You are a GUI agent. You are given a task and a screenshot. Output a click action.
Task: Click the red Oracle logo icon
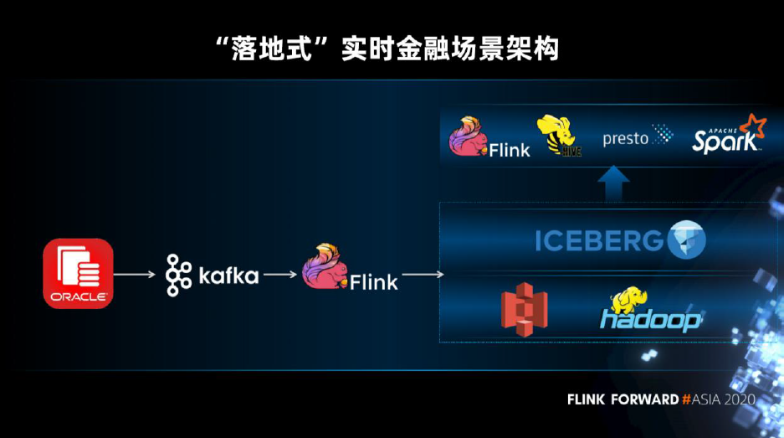pyautogui.click(x=78, y=273)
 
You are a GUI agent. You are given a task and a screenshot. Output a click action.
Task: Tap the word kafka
pyautogui.click(x=228, y=276)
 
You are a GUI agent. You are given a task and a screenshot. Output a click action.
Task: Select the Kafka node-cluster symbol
pyautogui.click(x=179, y=275)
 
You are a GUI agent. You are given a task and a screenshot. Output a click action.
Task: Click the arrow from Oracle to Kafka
pyautogui.click(x=134, y=274)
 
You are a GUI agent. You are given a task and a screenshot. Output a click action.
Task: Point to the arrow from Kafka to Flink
pyautogui.click(x=280, y=274)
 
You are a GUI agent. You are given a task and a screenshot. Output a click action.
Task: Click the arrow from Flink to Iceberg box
pyautogui.click(x=423, y=274)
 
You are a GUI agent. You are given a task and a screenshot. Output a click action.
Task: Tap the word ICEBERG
pyautogui.click(x=599, y=240)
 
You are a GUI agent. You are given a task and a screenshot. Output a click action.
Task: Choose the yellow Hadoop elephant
pyautogui.click(x=630, y=301)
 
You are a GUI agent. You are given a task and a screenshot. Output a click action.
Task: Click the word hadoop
pyautogui.click(x=650, y=320)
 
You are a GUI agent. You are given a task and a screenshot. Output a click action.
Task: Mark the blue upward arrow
pyautogui.click(x=614, y=184)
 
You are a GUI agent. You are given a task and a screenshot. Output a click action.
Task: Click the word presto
pyautogui.click(x=625, y=139)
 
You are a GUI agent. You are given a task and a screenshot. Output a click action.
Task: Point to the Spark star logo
pyautogui.click(x=752, y=127)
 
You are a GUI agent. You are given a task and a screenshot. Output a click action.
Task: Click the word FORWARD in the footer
pyautogui.click(x=643, y=399)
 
